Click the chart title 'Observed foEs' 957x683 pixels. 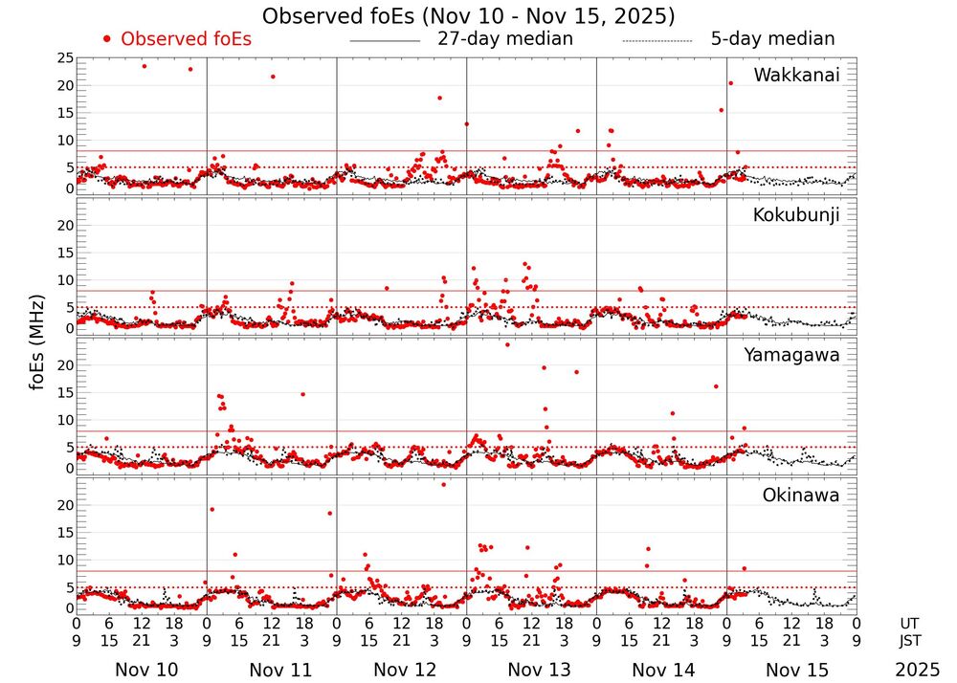[469, 16]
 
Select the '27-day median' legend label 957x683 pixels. [504, 39]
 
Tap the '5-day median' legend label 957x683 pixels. [772, 39]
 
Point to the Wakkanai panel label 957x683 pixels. [796, 76]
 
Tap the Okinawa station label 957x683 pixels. [800, 496]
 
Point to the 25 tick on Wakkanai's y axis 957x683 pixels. [65, 58]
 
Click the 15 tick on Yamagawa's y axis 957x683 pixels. [65, 392]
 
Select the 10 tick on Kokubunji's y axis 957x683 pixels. [65, 280]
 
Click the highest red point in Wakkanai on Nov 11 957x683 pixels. [273, 77]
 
